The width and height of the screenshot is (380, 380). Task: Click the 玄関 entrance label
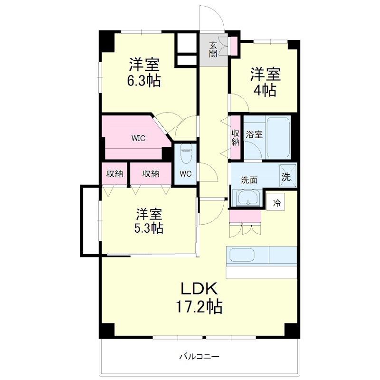pos(213,50)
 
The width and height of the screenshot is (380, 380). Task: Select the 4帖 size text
pos(265,90)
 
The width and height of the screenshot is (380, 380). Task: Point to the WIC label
pos(138,138)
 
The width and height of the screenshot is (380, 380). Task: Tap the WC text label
pos(186,174)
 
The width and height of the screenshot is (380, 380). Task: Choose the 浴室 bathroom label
pos(254,134)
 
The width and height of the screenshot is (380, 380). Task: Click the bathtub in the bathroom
pos(278,137)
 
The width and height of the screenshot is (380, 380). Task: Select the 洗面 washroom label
pos(249,180)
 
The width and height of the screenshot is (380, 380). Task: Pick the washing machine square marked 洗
pos(288,176)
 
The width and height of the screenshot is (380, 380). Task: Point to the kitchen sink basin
pos(242,255)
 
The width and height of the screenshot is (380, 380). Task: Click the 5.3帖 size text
pos(149,228)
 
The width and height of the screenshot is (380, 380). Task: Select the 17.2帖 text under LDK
pos(199,306)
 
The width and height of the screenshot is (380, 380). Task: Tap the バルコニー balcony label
pos(199,357)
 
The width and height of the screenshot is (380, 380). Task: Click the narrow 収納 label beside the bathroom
pos(235,138)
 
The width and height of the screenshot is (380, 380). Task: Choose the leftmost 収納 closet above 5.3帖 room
pos(114,174)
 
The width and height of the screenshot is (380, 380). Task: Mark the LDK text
pos(199,289)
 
